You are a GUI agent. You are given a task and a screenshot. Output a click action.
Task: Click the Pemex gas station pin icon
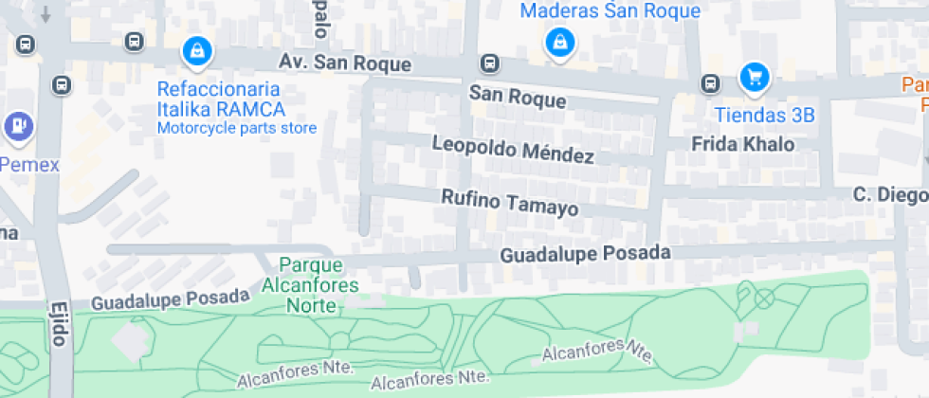click(18, 125)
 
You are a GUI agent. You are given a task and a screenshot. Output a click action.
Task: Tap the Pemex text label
click(28, 165)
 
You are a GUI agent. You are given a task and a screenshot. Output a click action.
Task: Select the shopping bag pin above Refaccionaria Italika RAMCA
click(196, 48)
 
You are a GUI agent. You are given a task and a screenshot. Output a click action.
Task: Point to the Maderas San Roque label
click(610, 11)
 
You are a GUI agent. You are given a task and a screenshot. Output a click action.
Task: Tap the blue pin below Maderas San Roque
click(561, 42)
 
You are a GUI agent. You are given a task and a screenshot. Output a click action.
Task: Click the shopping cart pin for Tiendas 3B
click(754, 77)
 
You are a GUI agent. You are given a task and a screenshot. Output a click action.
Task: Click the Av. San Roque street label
click(345, 63)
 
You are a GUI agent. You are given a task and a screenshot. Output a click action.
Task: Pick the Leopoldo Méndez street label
click(513, 149)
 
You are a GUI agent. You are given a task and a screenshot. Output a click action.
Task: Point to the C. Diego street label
click(889, 195)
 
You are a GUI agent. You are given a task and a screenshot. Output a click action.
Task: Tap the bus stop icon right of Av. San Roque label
click(489, 63)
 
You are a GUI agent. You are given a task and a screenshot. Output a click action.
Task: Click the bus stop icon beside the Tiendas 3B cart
click(710, 83)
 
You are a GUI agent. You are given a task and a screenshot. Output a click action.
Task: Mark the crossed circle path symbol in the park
click(763, 298)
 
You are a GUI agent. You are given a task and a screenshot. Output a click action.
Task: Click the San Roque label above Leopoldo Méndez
click(518, 99)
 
